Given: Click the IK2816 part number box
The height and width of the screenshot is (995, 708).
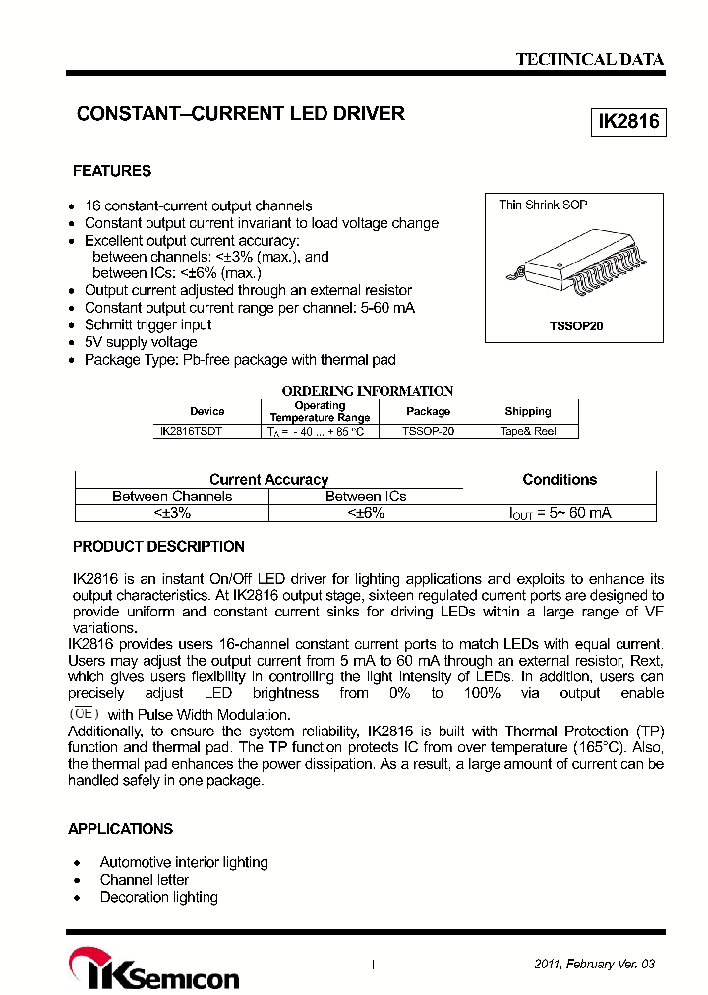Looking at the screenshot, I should click(x=627, y=122).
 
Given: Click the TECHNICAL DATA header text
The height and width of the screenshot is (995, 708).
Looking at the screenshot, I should click(x=590, y=59).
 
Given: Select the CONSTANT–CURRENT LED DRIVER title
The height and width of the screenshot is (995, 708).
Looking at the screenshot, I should click(x=241, y=114).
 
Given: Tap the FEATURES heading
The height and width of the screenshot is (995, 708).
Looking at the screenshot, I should click(x=112, y=171).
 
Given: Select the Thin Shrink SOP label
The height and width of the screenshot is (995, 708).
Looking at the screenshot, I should click(x=543, y=205).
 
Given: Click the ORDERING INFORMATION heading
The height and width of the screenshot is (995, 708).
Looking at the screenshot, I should click(x=368, y=391).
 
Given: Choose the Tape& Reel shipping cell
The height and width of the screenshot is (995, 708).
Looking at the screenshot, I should click(x=528, y=431).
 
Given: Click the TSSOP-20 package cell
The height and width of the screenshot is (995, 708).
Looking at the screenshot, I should click(x=429, y=431).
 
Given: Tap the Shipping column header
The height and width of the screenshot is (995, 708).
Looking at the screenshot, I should click(x=528, y=411).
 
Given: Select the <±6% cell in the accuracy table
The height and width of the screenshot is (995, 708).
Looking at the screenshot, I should click(x=366, y=513).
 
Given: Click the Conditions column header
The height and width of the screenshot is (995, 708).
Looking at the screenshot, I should click(x=560, y=480).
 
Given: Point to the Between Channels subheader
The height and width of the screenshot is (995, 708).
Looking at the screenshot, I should click(x=172, y=497).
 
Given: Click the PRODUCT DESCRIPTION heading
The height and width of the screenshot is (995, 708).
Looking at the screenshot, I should click(x=158, y=547).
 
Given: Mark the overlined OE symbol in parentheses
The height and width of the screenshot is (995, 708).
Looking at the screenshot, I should click(x=85, y=714).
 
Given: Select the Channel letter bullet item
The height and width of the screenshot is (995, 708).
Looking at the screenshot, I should click(x=145, y=880).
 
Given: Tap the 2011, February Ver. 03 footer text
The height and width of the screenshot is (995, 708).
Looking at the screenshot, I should click(x=594, y=965).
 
